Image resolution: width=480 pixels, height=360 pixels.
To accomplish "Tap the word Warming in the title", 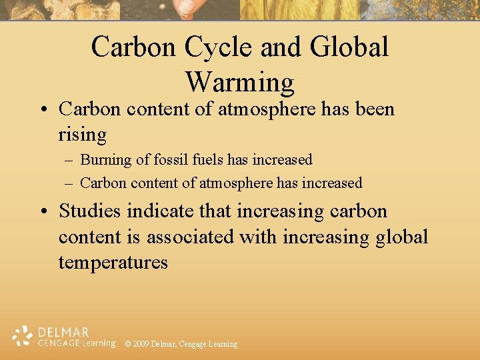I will coord(240,82).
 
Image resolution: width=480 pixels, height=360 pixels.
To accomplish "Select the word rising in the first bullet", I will coord(83,135).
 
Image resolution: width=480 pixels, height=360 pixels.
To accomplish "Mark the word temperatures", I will coord(113,262).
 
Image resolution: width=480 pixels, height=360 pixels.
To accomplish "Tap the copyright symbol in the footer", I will coord(127,344).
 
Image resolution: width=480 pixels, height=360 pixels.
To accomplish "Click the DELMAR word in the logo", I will coord(63,331).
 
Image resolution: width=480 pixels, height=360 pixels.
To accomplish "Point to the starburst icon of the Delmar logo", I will coord(23,336).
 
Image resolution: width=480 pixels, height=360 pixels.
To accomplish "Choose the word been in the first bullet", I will coord(373,109).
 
